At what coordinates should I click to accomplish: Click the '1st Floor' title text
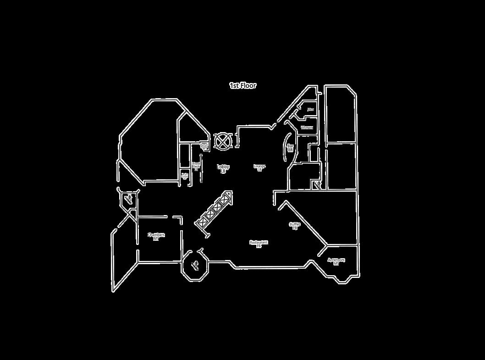(242, 85)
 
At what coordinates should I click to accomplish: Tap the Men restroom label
(310, 110)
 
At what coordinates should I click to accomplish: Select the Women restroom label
(307, 127)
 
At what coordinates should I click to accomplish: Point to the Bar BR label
(290, 148)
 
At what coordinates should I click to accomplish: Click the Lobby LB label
(223, 169)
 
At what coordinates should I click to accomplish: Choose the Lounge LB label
(259, 167)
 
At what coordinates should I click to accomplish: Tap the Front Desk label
(196, 166)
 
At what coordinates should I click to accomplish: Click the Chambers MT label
(156, 236)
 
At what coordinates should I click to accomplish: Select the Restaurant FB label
(259, 244)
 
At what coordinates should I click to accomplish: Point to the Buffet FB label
(295, 226)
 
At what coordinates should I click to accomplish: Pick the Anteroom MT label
(336, 261)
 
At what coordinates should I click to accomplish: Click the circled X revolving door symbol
(222, 141)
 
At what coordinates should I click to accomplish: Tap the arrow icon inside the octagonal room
(195, 264)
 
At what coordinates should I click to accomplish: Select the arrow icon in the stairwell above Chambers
(128, 199)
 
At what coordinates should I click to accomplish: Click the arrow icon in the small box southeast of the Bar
(317, 184)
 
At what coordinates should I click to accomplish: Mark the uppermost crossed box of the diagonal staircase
(226, 199)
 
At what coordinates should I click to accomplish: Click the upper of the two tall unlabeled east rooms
(340, 115)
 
